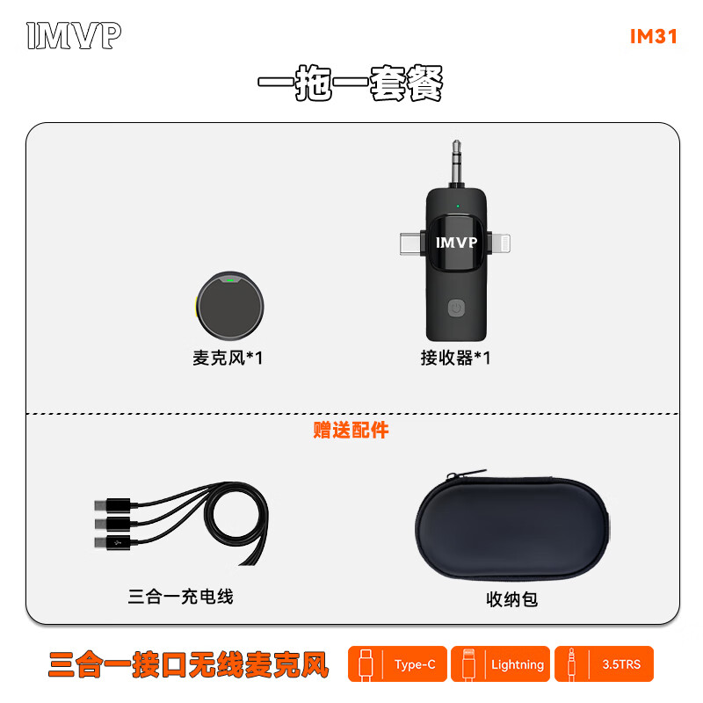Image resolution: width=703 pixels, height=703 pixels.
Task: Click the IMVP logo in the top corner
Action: tap(74, 36)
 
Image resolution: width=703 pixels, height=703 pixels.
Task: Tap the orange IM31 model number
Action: tap(653, 37)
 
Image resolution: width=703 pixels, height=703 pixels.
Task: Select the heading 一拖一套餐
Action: tap(350, 86)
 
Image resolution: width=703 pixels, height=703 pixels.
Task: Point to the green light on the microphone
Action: tap(230, 281)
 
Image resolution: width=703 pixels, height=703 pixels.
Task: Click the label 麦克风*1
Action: tap(227, 359)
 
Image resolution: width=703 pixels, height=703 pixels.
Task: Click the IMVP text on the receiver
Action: tap(456, 242)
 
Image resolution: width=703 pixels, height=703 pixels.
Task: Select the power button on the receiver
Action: tap(456, 308)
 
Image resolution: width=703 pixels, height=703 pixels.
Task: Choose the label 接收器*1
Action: tap(455, 359)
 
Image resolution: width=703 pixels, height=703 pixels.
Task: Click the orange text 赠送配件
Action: tap(351, 431)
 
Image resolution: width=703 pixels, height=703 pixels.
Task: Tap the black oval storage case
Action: tap(511, 532)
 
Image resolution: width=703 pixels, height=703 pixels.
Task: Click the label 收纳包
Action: tap(511, 600)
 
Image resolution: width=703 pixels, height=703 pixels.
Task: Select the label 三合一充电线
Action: tap(180, 598)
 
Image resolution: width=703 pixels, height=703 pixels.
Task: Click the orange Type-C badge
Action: tap(398, 664)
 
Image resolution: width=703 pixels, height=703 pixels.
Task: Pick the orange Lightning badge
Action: tap(501, 664)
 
